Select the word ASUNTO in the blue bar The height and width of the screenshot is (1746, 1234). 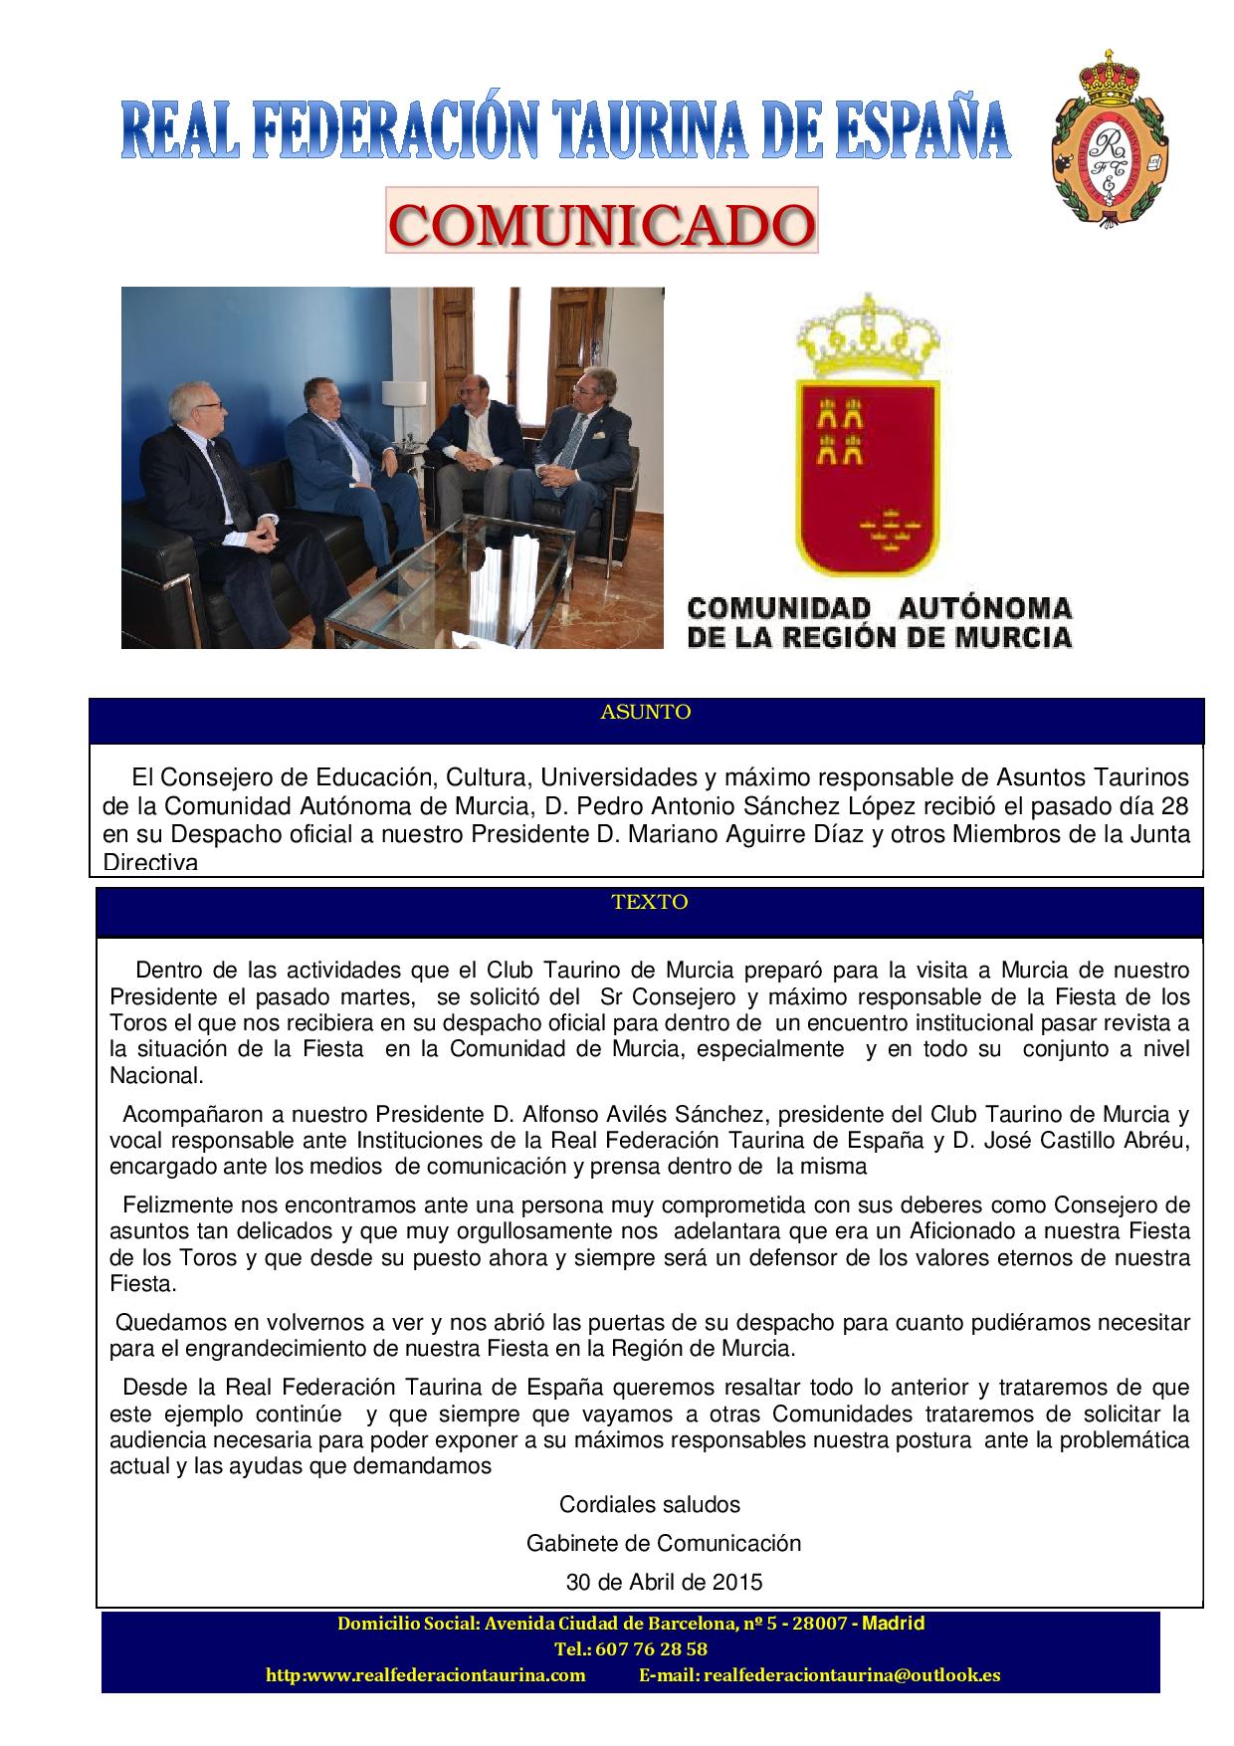coord(646,712)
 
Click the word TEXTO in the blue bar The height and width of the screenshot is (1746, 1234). coord(650,902)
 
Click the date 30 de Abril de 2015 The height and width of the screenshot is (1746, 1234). coord(663,1581)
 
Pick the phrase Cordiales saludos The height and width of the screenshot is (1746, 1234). coord(650,1504)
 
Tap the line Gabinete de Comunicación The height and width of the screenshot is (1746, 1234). coord(663,1543)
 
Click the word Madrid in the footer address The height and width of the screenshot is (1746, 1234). coord(893,1624)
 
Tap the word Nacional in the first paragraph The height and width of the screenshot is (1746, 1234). coord(156,1075)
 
